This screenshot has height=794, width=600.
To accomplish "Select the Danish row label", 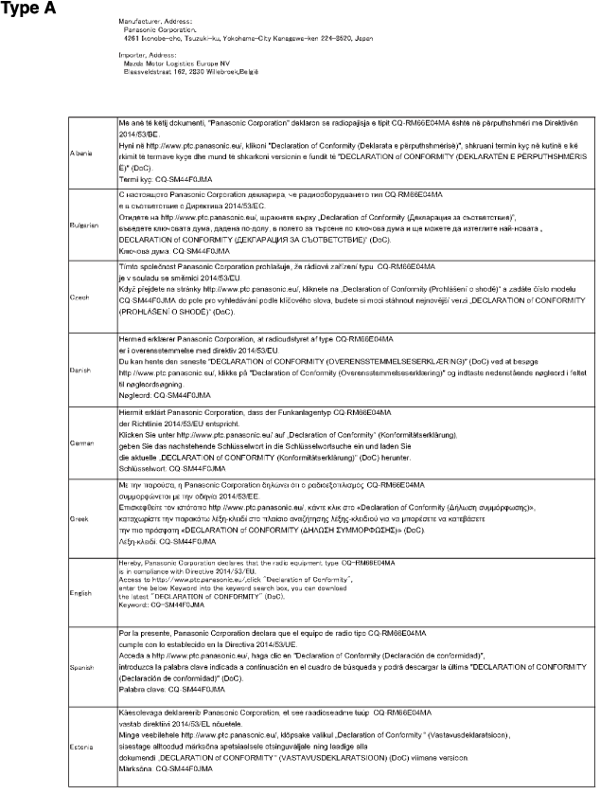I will point(81,370).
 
